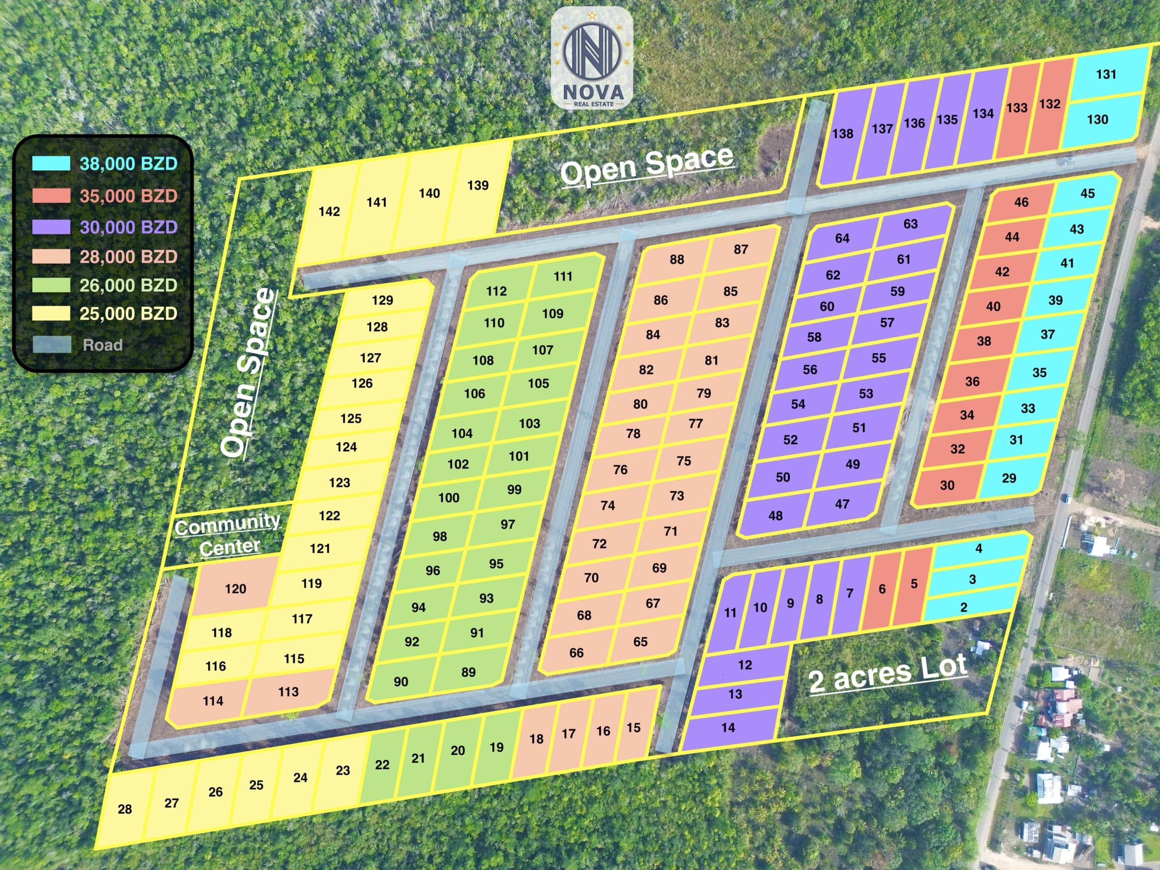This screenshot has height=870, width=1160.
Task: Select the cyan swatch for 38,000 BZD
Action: pos(51,164)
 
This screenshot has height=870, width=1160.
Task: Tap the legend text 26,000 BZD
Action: pos(129,285)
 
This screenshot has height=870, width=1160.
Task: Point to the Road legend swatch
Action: pos(51,344)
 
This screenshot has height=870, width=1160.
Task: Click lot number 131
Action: pos(1106,74)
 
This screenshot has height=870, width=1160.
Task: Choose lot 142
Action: pos(329,211)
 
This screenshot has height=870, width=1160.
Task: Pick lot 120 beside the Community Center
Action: pos(236,589)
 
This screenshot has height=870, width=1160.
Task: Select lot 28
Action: pos(125,809)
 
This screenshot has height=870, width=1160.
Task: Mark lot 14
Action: pos(728,727)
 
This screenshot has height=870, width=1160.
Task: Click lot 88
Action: pos(677,259)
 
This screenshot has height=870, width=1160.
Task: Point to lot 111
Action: pos(563,276)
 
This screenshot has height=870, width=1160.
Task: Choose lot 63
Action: pos(910,224)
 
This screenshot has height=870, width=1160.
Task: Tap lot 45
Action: pos(1087,193)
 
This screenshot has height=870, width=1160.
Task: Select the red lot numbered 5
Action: pos(914,584)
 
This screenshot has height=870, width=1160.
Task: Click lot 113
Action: pos(288,692)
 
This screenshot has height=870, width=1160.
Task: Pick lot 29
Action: pos(1009,478)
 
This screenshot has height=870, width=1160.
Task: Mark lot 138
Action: pos(842,134)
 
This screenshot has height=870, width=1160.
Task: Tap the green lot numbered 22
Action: pos(382,764)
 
